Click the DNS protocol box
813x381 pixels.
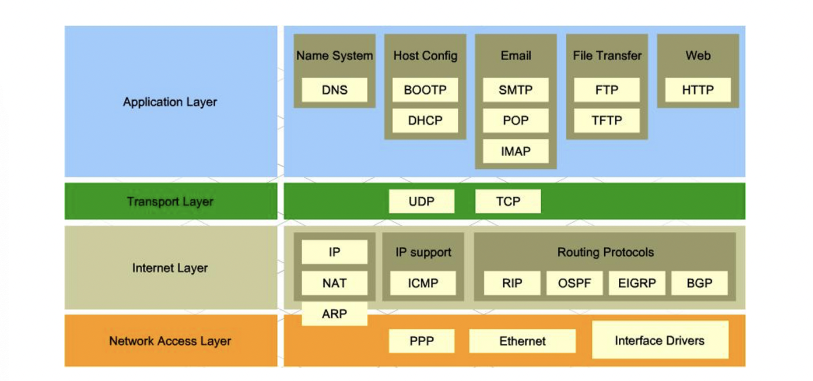[334, 90]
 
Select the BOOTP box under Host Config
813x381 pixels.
[425, 90]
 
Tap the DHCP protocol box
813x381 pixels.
[425, 121]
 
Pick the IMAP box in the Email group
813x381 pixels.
[516, 151]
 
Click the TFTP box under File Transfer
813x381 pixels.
[607, 121]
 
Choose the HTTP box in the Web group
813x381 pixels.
[698, 90]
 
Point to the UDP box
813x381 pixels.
[422, 202]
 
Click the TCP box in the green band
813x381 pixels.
[508, 202]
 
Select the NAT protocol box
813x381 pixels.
[334, 283]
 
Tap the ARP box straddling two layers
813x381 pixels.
[334, 314]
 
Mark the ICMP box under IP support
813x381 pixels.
[423, 283]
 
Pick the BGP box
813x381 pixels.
[699, 283]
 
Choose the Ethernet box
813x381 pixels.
[522, 341]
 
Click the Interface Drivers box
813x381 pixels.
[660, 340]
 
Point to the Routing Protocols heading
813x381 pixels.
[605, 252]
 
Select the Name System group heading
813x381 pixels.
[334, 56]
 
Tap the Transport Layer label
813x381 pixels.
[170, 202]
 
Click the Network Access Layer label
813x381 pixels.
[170, 341]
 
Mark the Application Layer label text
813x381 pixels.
[170, 102]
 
